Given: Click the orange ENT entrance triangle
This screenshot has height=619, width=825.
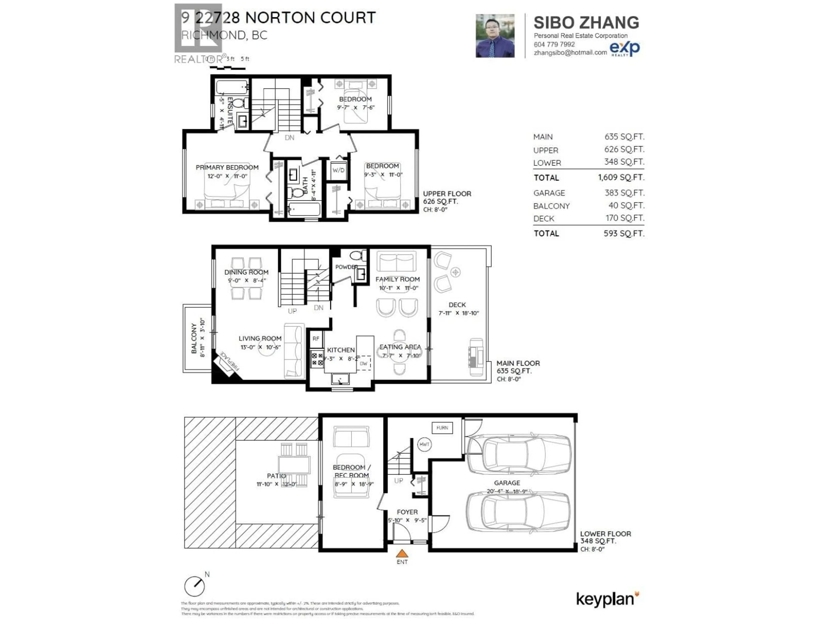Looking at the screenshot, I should (x=402, y=553).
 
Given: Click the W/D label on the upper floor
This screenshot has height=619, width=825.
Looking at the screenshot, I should (x=338, y=170).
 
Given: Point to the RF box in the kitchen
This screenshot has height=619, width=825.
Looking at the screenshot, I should (x=316, y=339).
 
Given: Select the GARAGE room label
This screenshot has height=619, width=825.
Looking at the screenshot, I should (x=507, y=483).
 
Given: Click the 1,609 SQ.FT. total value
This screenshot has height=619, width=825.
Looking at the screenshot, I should (x=621, y=177).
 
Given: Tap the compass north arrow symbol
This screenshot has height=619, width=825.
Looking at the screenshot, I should (x=195, y=586).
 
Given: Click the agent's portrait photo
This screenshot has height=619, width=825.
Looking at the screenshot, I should (x=495, y=36).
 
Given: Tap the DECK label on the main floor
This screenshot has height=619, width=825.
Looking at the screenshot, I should (x=457, y=305).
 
